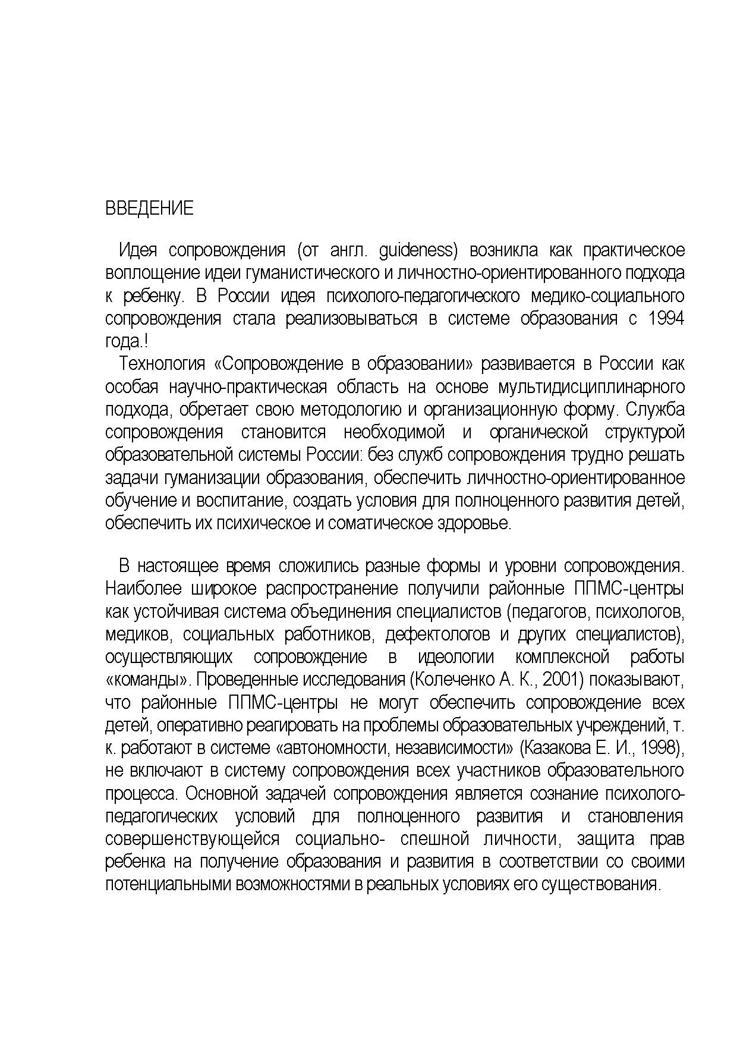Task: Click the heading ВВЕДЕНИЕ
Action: tap(149, 209)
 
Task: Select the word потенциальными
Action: tap(169, 884)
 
